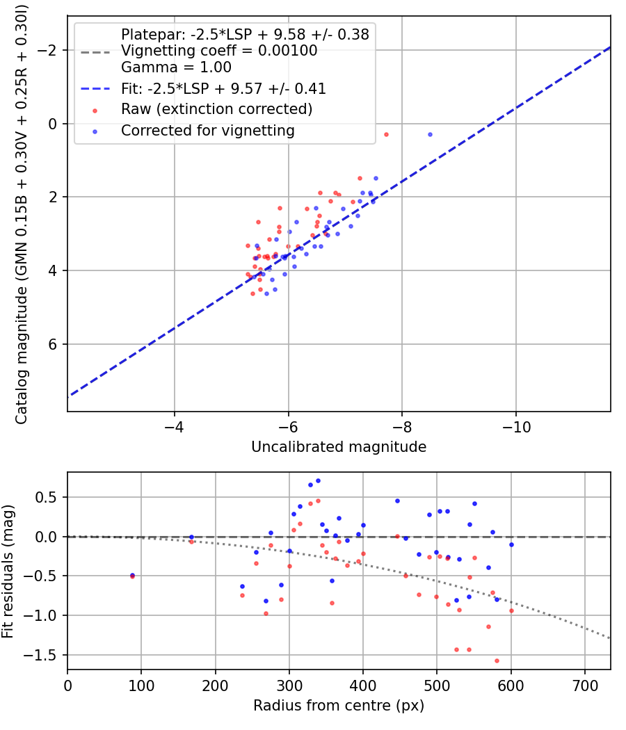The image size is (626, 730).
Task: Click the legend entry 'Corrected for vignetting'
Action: (x=207, y=130)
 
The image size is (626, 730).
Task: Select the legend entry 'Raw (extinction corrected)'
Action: (x=216, y=109)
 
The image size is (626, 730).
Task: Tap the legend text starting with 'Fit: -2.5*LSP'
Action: (x=223, y=88)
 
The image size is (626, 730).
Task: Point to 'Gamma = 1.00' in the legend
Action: (x=176, y=67)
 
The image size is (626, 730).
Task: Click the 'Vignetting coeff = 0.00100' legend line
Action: (x=219, y=51)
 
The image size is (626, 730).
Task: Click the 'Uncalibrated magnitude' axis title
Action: (x=339, y=447)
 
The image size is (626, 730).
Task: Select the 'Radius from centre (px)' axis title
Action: (x=339, y=706)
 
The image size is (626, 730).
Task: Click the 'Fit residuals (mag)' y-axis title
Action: (x=8, y=571)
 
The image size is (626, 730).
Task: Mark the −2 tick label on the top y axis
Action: (x=47, y=51)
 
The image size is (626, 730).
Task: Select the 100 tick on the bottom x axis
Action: (x=141, y=685)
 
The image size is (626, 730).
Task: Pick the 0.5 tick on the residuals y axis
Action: (x=49, y=497)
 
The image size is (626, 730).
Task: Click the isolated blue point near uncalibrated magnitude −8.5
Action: (x=430, y=134)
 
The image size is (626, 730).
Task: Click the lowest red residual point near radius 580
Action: (x=497, y=660)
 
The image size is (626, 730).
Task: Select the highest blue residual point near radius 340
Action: (x=318, y=480)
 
